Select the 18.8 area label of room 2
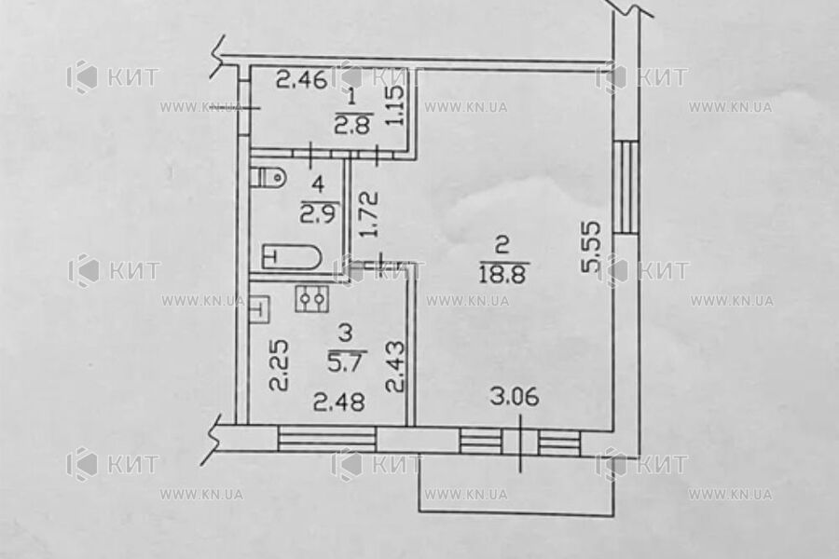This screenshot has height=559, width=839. [502, 271]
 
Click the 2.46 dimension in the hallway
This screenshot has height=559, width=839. [302, 81]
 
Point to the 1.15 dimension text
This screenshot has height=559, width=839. [395, 108]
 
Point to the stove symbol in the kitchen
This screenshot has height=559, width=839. [311, 298]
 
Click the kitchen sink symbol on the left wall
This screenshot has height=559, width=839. [259, 307]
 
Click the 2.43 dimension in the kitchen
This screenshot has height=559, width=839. [395, 366]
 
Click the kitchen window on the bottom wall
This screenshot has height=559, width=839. [327, 439]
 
